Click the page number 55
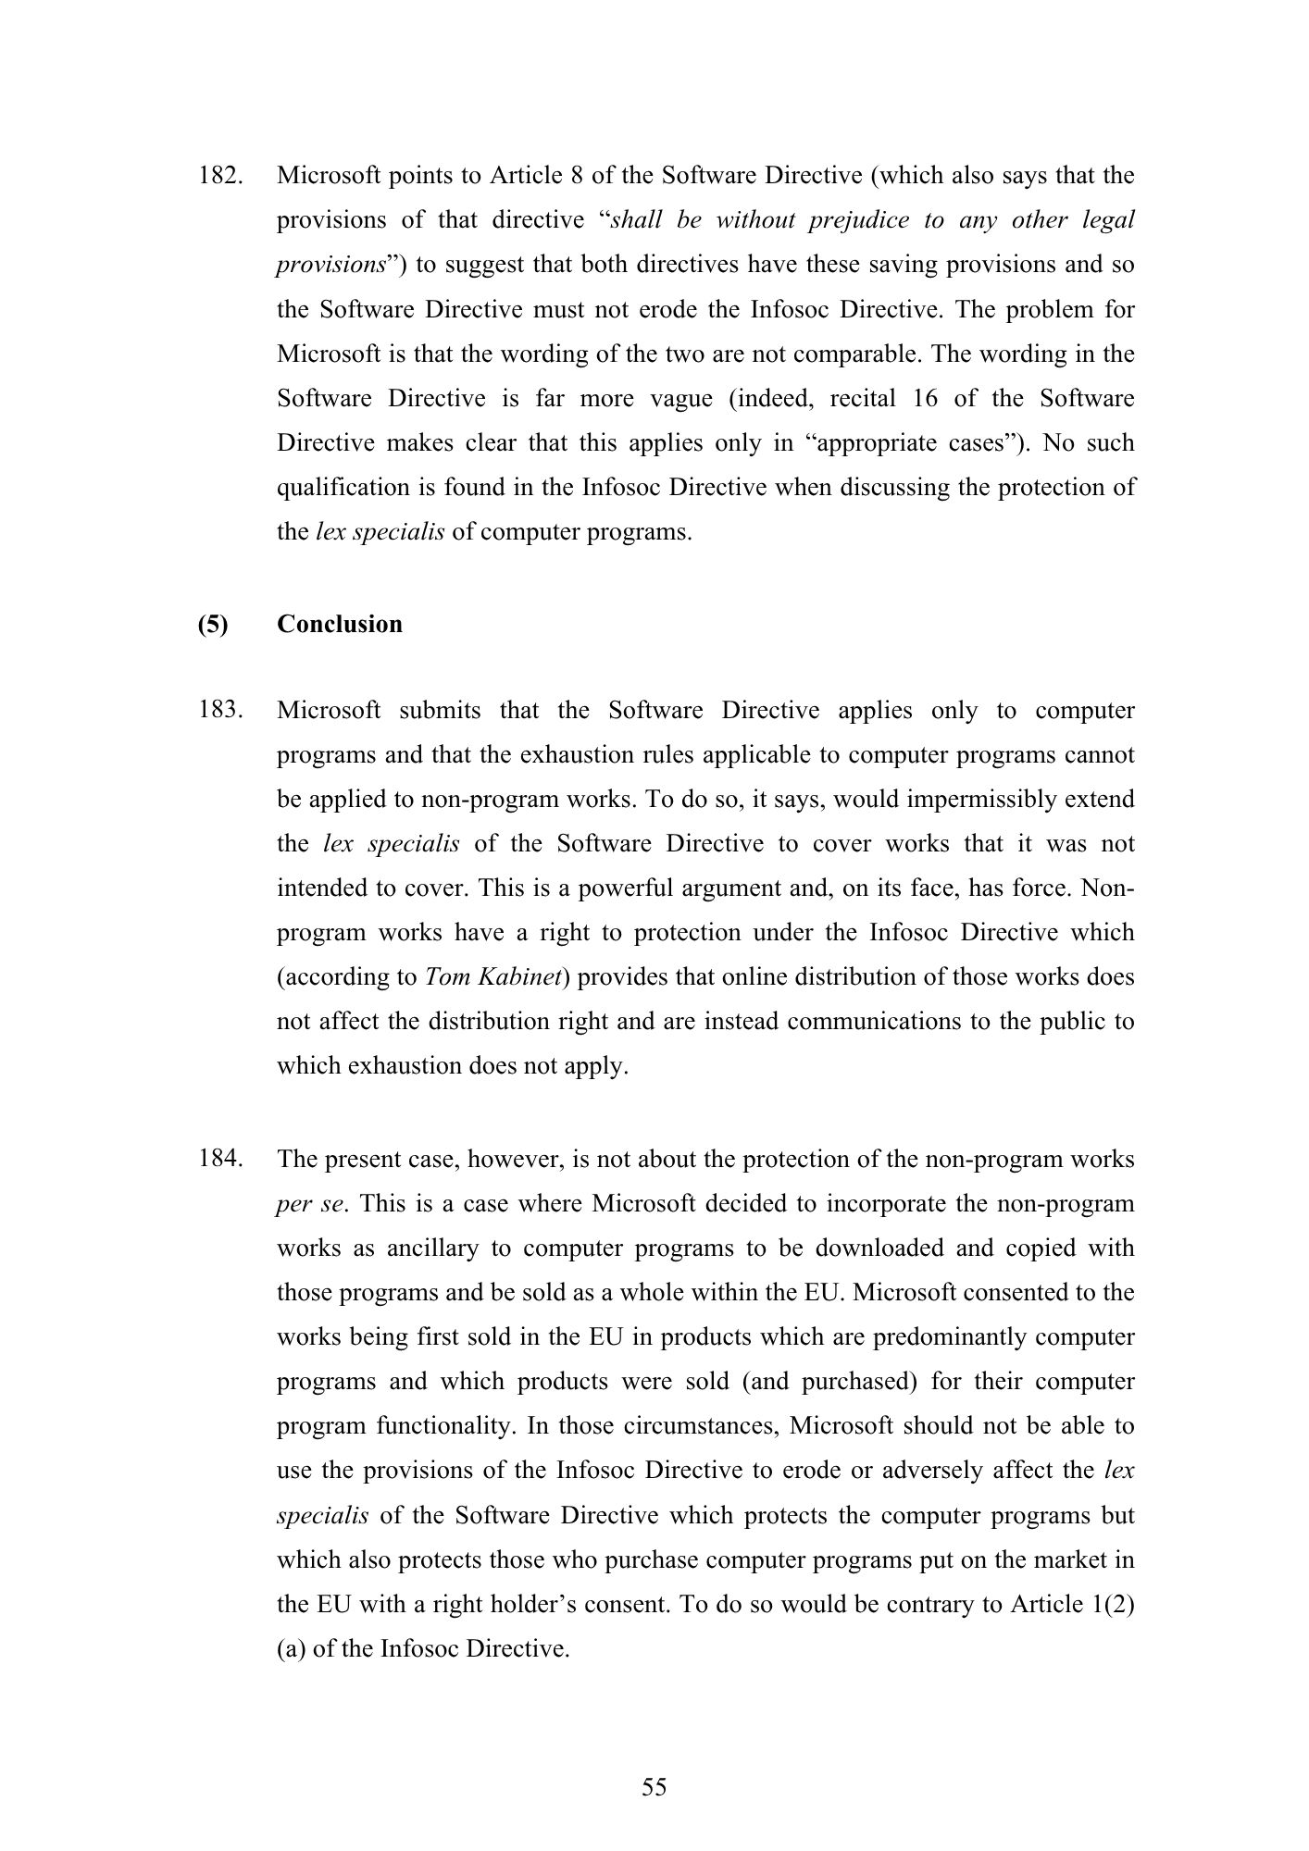point(654,1787)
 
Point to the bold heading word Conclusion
point(340,624)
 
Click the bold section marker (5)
point(213,624)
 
